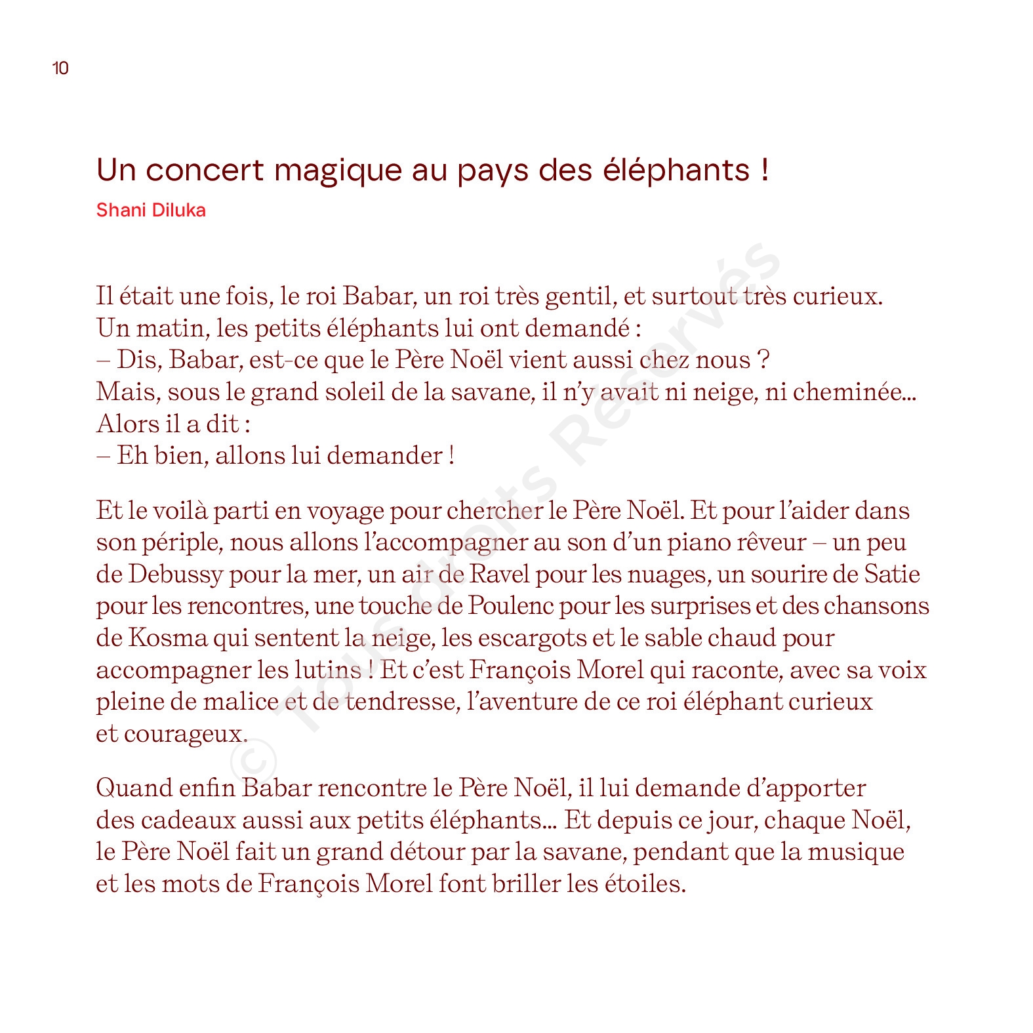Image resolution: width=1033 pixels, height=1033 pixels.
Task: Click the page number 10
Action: click(x=60, y=68)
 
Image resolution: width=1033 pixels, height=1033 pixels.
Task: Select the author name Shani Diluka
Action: click(x=151, y=211)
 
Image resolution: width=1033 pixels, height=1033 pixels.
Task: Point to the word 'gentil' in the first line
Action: click(x=580, y=297)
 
